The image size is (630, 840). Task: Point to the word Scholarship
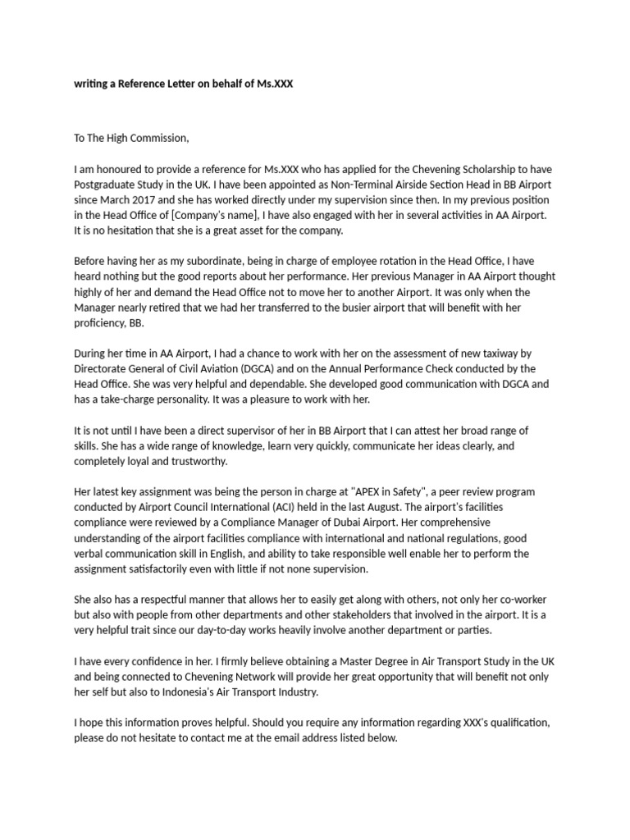click(x=482, y=170)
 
